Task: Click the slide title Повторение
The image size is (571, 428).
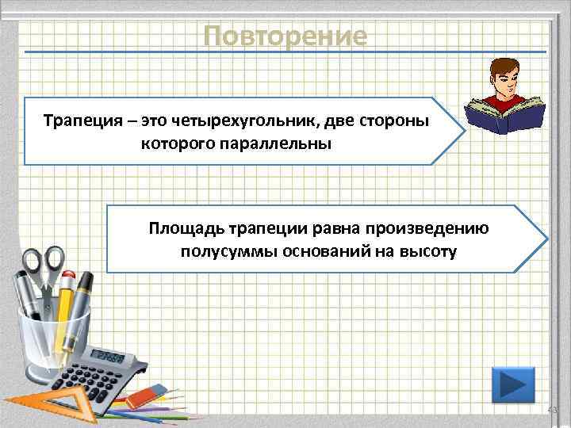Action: [x=285, y=36]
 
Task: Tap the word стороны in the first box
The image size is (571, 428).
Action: [x=400, y=122]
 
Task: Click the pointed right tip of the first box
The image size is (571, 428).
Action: [x=463, y=132]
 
